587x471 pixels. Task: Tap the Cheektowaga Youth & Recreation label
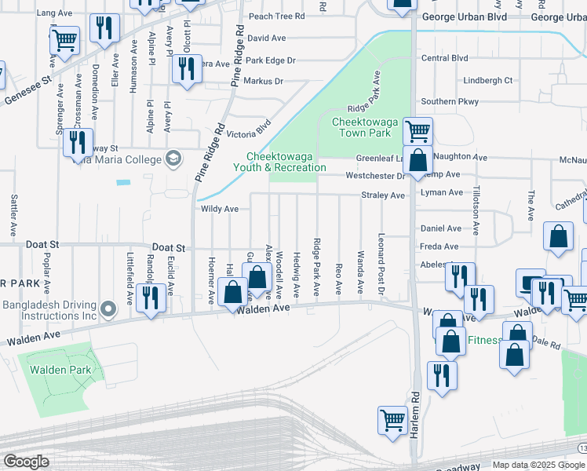279,162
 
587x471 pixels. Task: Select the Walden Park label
60,370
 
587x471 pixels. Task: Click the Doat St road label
169,247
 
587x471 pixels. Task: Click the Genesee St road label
27,90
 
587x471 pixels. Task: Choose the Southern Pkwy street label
449,101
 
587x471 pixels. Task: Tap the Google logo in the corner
26,462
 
